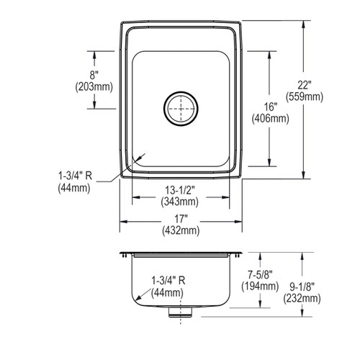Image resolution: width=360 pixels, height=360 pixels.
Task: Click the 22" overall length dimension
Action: [x=305, y=85]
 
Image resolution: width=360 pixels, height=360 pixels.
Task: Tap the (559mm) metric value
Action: [x=305, y=96]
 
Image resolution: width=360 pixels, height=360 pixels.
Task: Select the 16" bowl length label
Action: [x=271, y=107]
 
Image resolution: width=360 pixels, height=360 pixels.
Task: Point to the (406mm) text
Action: [x=270, y=118]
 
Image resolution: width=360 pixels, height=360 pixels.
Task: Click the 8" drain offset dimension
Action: [x=94, y=75]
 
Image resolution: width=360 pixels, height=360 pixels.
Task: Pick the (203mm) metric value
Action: [x=94, y=86]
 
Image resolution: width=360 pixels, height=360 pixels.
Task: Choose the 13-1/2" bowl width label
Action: [x=180, y=190]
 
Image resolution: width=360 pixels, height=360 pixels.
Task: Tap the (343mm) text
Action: [x=180, y=202]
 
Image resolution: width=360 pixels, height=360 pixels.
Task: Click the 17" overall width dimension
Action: [x=181, y=219]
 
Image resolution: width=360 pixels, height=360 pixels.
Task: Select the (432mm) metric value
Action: [x=181, y=230]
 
